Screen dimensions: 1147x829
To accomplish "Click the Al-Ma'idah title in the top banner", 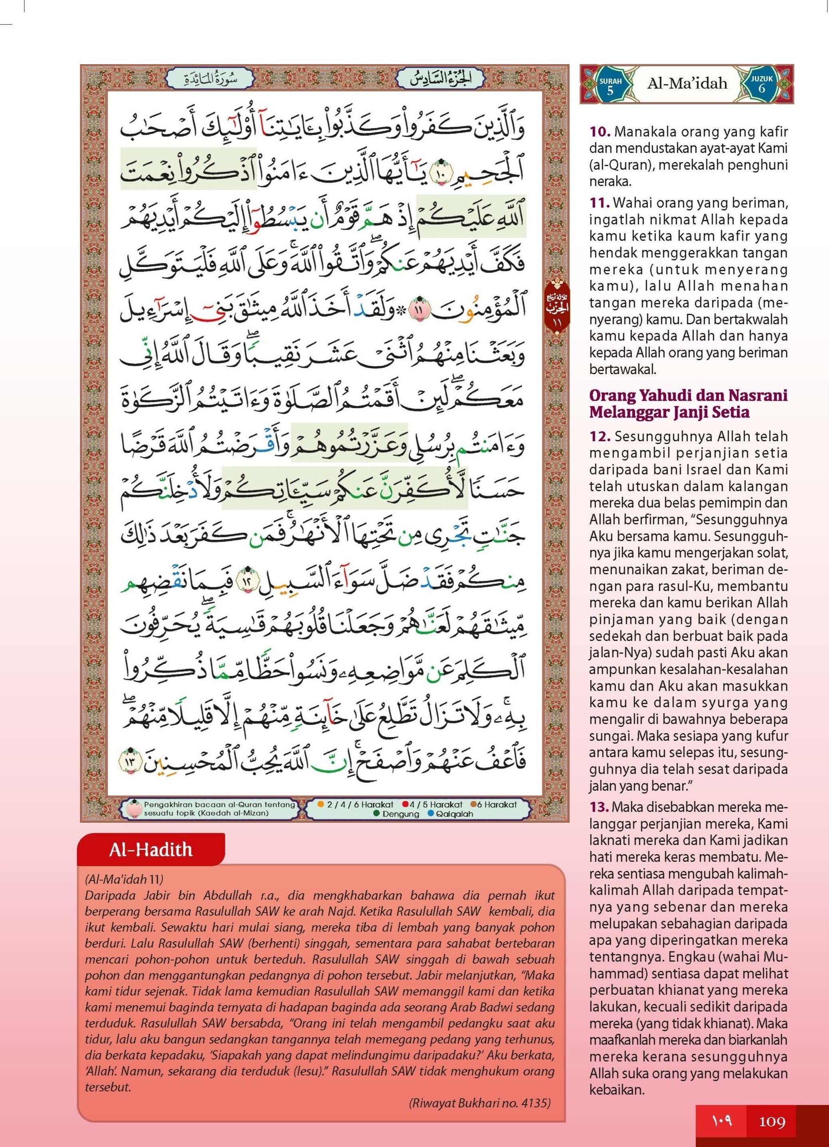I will point(687,83).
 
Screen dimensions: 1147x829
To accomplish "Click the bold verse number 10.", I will point(600,132).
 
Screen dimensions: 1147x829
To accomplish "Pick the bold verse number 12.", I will point(600,437).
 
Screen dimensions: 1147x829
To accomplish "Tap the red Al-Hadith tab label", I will point(151,849).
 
